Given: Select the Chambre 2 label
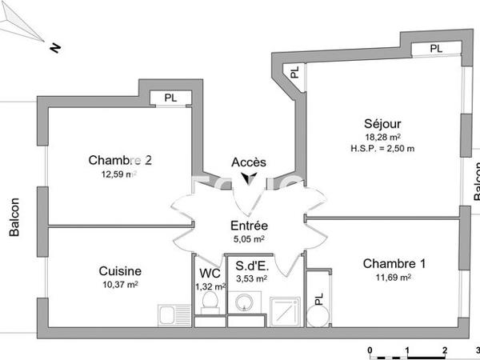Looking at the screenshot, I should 120,160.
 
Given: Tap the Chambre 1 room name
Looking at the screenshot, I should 394,264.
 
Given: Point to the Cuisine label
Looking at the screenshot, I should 120,270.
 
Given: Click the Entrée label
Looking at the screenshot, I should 249,226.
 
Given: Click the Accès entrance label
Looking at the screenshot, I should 249,162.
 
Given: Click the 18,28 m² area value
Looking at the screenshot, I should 382,137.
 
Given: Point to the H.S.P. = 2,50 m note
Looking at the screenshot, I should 382,148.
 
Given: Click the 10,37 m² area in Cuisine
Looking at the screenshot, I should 120,284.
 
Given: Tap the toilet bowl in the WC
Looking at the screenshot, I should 209,302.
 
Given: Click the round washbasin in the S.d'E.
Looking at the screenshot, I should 243,302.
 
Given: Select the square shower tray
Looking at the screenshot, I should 284,310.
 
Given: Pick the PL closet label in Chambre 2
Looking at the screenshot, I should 170,98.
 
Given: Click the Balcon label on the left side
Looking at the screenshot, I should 14,217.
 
